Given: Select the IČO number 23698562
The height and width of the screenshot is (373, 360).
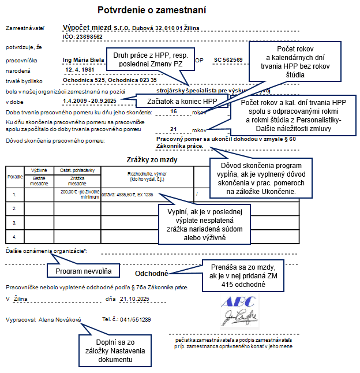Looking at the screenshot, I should (x=87, y=36).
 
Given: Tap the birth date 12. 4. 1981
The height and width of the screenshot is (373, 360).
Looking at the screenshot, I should (x=80, y=69).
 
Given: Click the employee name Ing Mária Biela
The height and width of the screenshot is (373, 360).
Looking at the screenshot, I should (x=84, y=59).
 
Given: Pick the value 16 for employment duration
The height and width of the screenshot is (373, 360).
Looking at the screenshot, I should (x=173, y=111).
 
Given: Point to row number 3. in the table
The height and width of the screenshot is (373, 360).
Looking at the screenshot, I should (x=15, y=222).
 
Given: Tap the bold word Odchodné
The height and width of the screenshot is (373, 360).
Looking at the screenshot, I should (x=151, y=274).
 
